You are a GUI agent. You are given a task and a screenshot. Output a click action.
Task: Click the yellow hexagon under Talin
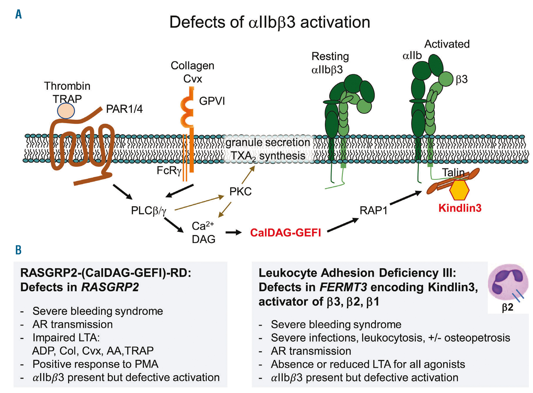459,190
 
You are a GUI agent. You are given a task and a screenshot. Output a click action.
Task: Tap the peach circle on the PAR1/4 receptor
66,110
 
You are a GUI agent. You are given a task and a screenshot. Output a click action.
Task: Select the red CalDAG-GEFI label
285,233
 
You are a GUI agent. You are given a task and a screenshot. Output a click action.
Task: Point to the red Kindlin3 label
460,208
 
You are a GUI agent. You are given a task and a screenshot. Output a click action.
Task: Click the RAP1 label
373,211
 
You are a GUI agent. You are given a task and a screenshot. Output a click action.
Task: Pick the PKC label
240,191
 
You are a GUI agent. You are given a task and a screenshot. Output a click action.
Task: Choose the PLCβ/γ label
148,211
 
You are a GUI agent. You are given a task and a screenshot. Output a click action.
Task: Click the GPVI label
212,101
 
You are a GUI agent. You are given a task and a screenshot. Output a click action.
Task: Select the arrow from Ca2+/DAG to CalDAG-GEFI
233,232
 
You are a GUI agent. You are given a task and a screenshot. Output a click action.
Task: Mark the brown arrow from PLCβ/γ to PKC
199,203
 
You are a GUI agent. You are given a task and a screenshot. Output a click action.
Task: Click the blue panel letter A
18,14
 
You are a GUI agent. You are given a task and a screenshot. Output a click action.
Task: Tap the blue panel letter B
18,250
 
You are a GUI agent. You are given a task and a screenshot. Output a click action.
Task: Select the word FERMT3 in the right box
343,287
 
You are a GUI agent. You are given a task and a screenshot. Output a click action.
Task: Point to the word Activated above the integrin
447,44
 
